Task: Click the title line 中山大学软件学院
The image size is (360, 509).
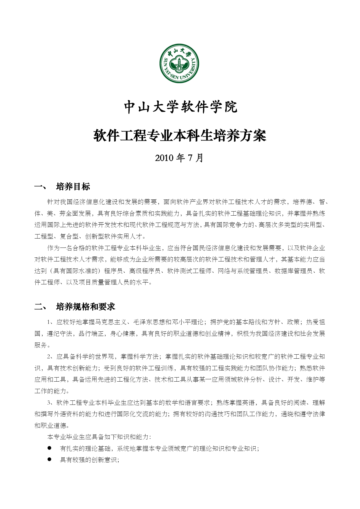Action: click(180, 107)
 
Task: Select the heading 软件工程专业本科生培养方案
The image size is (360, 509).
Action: click(180, 136)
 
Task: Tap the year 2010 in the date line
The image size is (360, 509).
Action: click(164, 158)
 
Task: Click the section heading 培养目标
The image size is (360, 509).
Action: click(73, 187)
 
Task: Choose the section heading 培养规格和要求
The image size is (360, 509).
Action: click(86, 307)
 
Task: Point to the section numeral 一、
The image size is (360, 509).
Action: click(40, 187)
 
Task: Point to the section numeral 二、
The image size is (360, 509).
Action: click(40, 307)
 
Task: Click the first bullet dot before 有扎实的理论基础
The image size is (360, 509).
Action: click(49, 448)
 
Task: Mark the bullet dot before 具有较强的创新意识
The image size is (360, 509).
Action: click(49, 460)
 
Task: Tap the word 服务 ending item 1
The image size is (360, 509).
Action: click(41, 345)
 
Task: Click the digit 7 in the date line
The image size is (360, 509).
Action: click(190, 158)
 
